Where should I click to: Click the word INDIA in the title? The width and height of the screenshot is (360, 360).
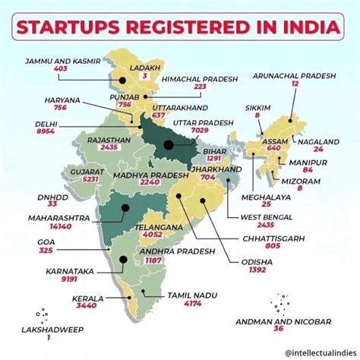pos(301,28)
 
